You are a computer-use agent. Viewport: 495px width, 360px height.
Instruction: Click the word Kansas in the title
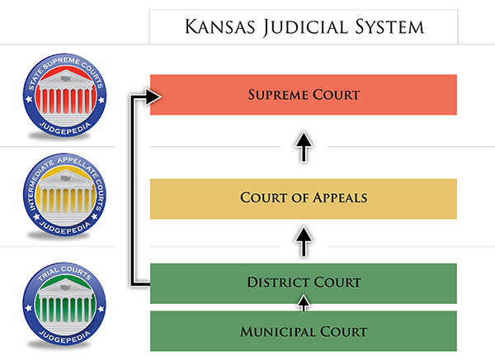(x=219, y=26)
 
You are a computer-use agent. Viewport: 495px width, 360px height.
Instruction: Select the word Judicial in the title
(x=305, y=28)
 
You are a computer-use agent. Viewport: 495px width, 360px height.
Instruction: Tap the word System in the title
(x=390, y=27)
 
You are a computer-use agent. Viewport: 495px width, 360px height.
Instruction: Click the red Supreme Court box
(x=304, y=95)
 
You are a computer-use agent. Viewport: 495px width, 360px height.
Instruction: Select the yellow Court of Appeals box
(x=304, y=199)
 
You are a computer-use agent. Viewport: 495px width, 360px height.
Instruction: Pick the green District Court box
(x=304, y=283)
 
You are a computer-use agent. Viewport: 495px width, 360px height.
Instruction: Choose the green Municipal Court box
(x=304, y=331)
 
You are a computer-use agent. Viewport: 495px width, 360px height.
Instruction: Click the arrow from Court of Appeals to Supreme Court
(x=304, y=147)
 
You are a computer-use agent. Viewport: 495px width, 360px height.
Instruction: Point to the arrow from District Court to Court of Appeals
(x=304, y=241)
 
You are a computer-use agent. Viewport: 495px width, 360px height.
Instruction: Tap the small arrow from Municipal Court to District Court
(x=304, y=303)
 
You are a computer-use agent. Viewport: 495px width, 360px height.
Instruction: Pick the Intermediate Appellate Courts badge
(x=64, y=195)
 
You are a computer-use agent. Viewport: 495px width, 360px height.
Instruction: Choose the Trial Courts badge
(x=64, y=304)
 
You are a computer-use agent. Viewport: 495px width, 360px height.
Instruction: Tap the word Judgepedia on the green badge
(x=65, y=337)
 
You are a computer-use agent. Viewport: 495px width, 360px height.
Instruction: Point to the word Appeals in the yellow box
(x=340, y=198)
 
